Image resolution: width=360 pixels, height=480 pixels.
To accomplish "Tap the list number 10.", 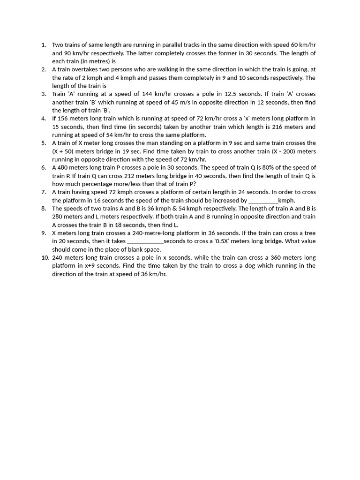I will coord(44,257).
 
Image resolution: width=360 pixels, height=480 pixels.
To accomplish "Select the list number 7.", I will coord(43,192).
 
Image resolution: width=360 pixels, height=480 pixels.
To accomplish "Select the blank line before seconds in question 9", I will coord(145,241).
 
